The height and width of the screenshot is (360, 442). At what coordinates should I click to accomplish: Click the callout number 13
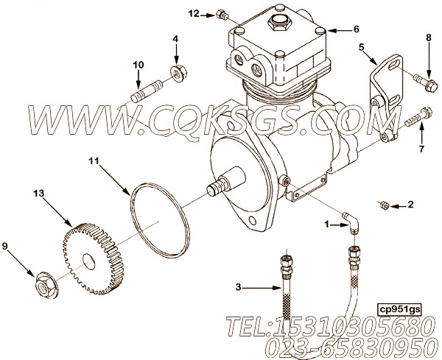39,194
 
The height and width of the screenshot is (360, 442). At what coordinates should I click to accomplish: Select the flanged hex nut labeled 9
46,285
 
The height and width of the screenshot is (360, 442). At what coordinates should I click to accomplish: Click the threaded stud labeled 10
147,91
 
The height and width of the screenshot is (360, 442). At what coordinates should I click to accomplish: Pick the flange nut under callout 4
179,73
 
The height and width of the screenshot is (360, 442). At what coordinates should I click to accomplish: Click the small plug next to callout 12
222,15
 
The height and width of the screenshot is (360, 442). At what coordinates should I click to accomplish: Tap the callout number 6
357,29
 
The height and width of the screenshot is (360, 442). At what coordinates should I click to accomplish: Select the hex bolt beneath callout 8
426,82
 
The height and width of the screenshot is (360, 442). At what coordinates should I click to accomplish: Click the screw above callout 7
418,118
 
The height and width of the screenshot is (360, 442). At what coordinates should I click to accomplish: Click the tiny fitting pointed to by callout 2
385,205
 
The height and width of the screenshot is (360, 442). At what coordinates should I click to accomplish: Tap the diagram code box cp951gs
399,310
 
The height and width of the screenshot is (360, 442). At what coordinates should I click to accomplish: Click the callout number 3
239,287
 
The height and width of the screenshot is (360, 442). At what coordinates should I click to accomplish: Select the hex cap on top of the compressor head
278,24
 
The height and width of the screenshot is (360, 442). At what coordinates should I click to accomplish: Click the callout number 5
361,47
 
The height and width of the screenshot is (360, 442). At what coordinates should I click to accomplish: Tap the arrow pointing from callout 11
115,180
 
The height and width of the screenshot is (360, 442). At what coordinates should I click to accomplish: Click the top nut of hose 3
287,261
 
